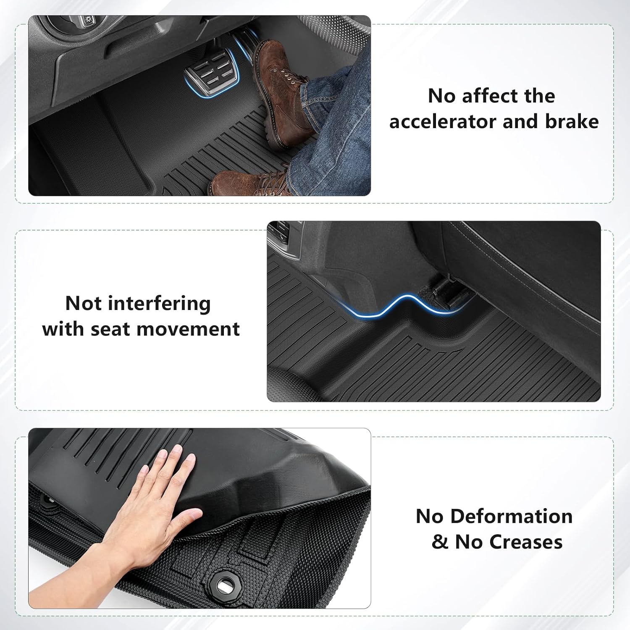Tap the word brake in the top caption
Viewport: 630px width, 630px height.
pyautogui.click(x=572, y=121)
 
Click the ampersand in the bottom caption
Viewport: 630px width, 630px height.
pyautogui.click(x=440, y=542)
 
